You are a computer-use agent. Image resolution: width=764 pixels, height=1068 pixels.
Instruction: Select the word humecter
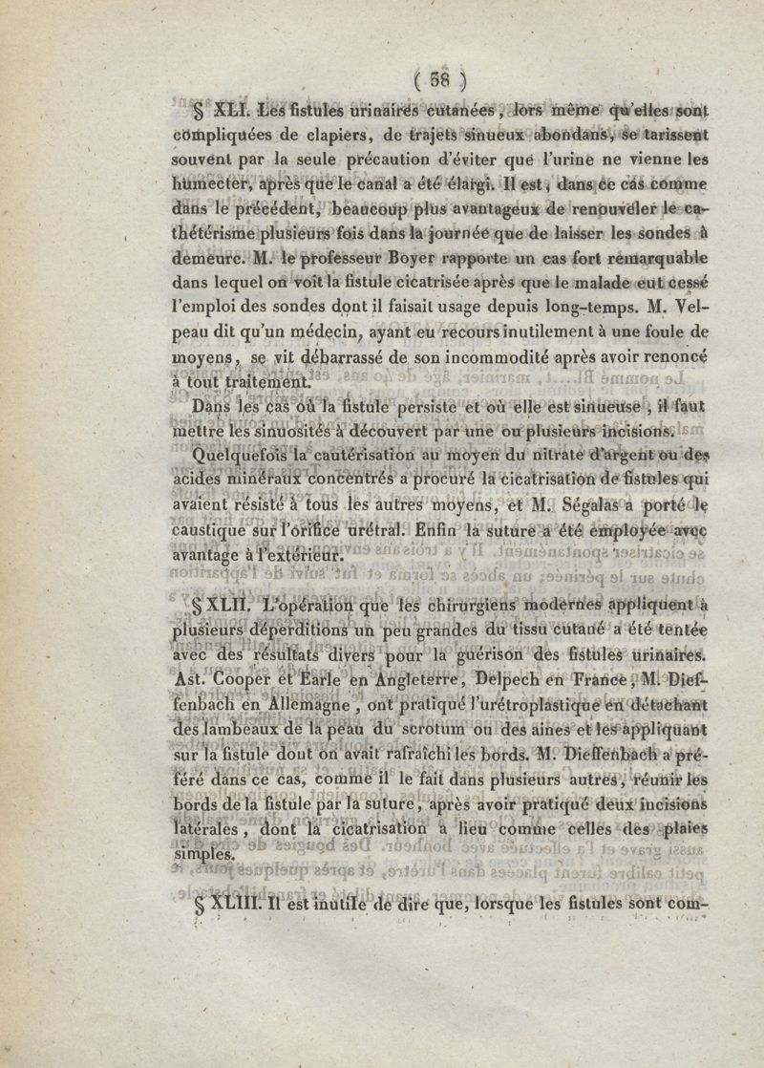click(210, 183)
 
